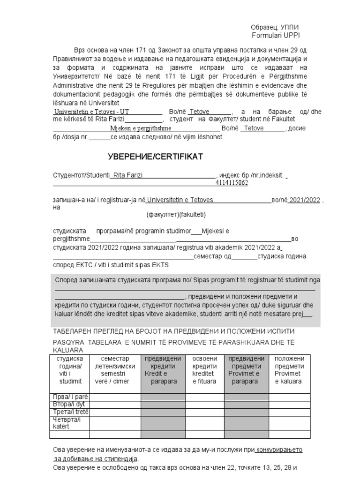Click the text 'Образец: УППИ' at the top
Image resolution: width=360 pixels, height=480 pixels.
tap(275, 28)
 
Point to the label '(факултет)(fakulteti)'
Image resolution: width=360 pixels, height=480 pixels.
tap(175, 215)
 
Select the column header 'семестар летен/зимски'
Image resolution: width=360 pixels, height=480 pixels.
tap(115, 370)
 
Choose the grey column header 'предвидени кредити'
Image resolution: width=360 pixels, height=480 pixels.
tap(163, 370)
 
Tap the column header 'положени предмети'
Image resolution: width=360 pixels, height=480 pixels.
tap(289, 370)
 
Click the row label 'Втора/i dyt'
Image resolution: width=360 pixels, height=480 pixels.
tap(69, 405)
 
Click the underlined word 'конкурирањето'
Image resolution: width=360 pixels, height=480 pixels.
tap(279, 450)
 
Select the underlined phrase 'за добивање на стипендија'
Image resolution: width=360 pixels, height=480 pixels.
tap(96, 458)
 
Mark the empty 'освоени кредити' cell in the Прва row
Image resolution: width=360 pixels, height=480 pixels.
tap(205, 397)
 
